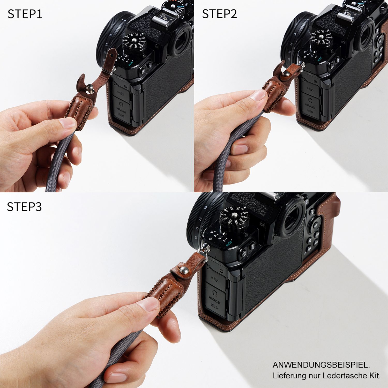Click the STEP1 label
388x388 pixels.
(25, 14)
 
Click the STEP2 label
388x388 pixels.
(219, 14)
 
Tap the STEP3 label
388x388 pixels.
(24, 207)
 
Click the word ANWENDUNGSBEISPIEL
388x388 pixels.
(321, 365)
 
